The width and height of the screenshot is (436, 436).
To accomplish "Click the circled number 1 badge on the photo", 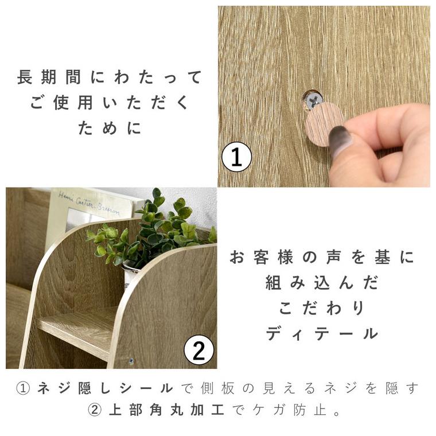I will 237,157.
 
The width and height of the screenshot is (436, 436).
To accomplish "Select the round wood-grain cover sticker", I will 325,124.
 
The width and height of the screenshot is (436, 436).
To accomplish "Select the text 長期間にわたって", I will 109,77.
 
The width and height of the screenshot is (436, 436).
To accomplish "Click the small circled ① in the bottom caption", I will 24,388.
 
